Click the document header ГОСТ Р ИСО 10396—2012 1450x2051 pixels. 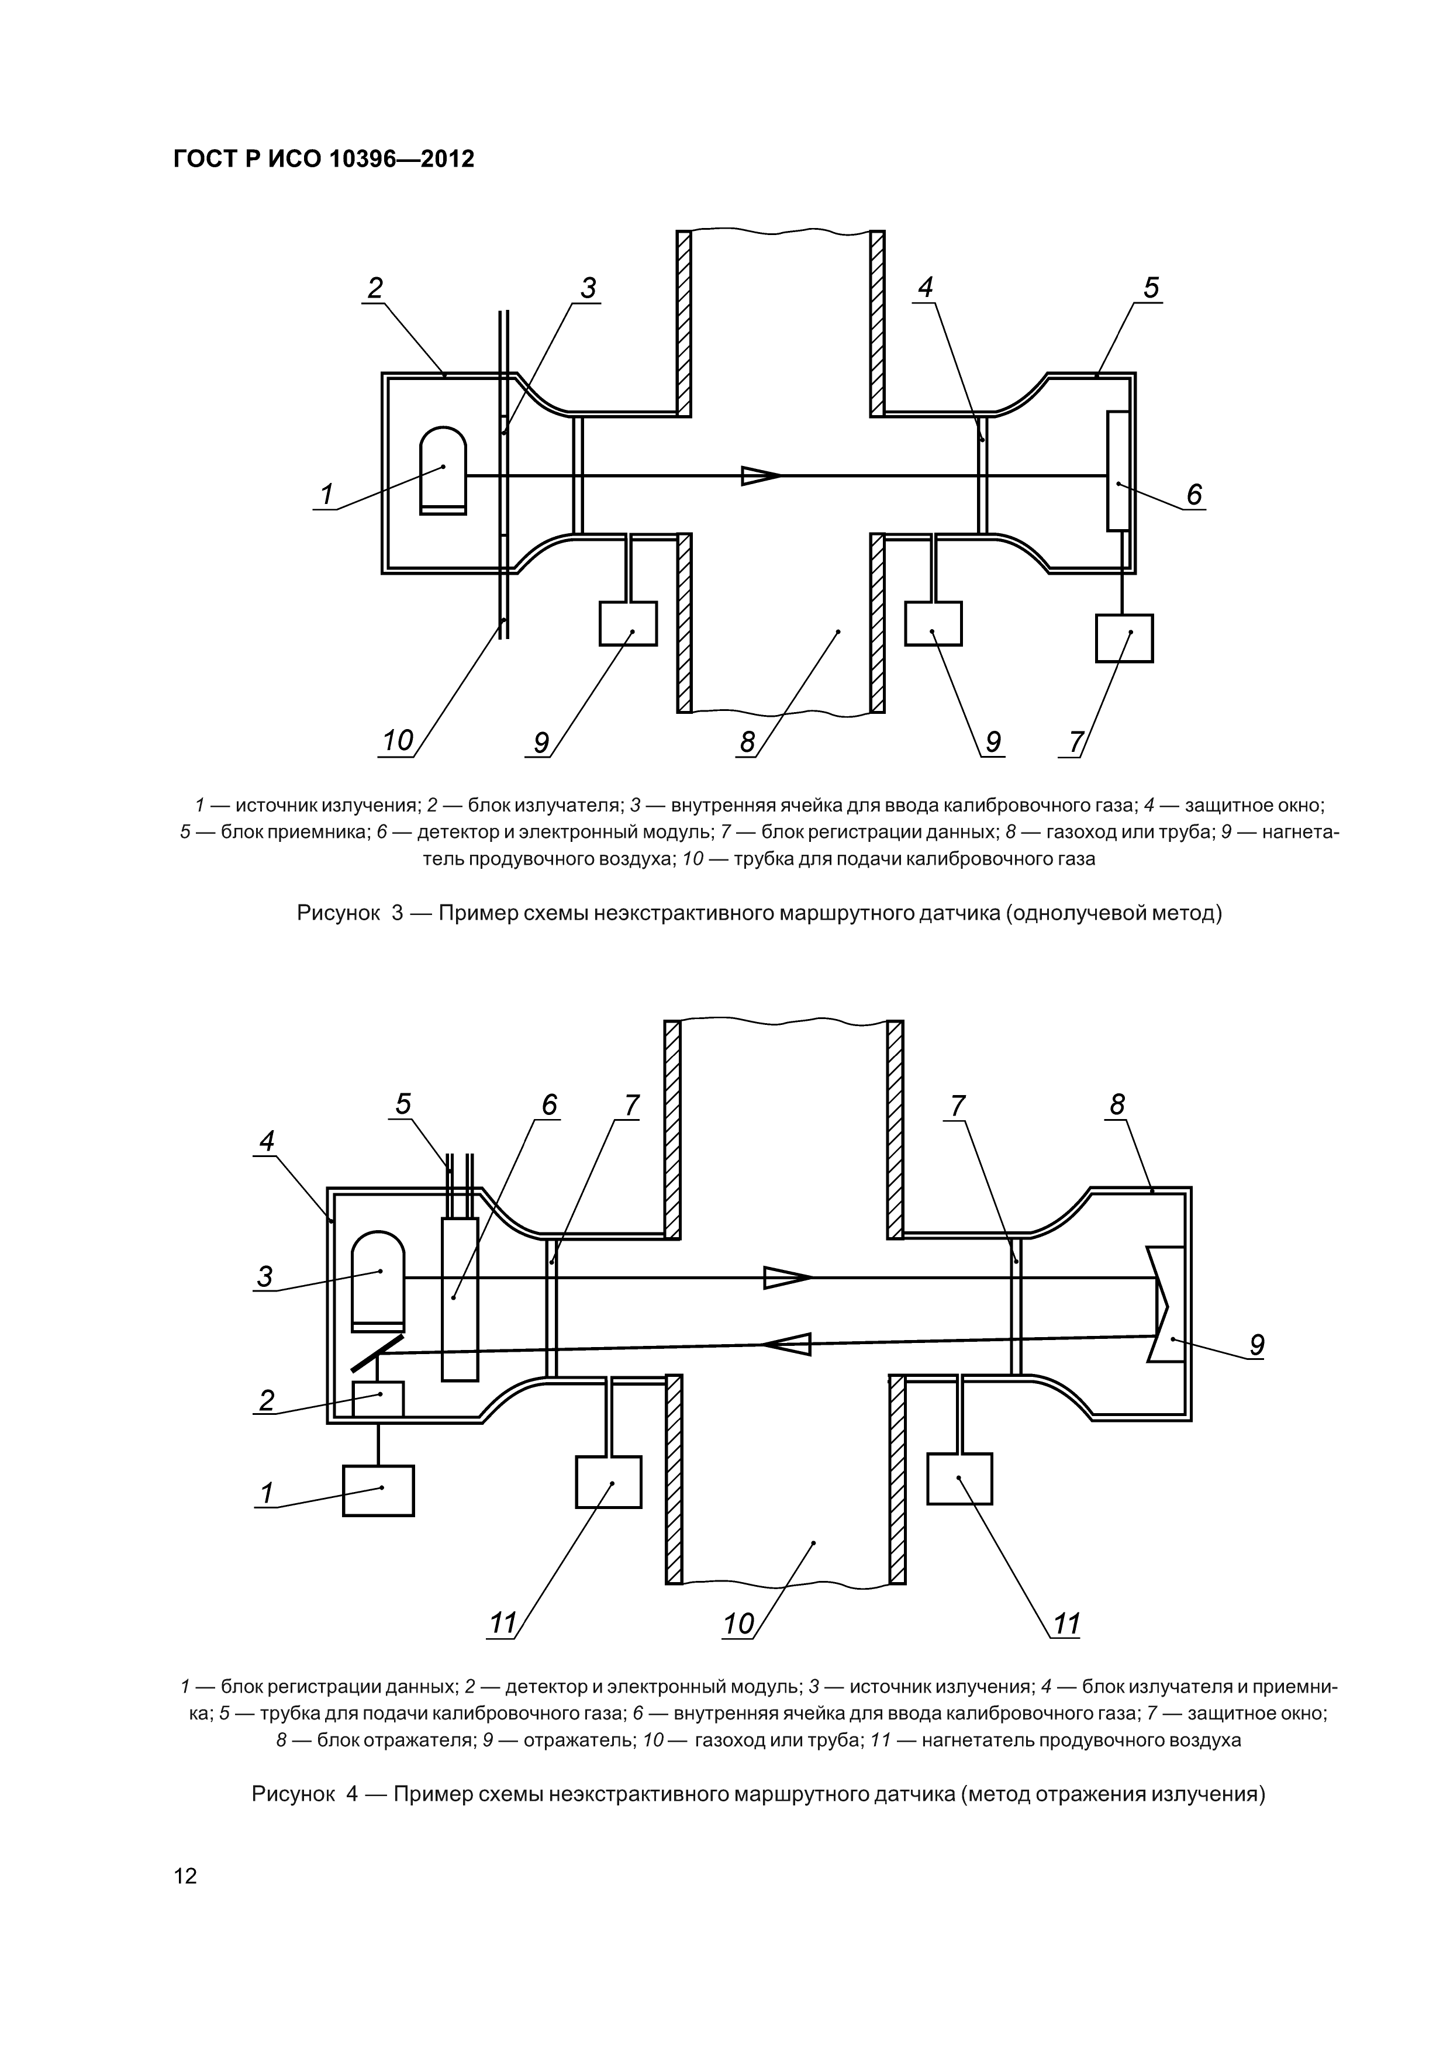point(323,159)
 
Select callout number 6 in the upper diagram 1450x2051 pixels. point(1193,494)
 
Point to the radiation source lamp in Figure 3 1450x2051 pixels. point(443,471)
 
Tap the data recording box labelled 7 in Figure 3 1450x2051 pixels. point(1124,638)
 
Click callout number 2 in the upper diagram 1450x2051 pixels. point(375,288)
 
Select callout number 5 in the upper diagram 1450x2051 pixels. point(1151,288)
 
